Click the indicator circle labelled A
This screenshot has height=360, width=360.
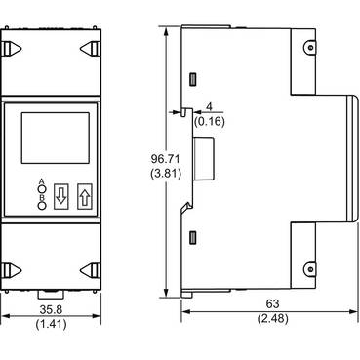point(42,188)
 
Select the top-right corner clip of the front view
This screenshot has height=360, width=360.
point(86,46)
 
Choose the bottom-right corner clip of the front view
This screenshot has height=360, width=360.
point(86,268)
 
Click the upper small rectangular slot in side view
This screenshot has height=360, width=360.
point(194,78)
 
